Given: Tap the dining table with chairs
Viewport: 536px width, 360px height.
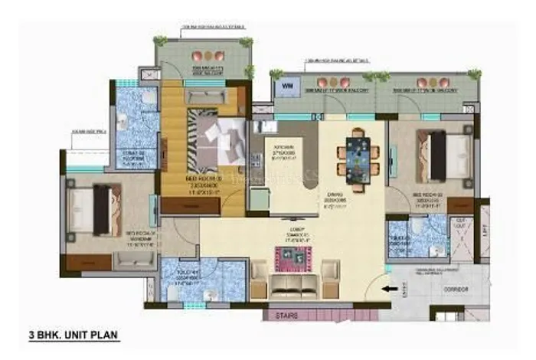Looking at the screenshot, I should [x=357, y=155].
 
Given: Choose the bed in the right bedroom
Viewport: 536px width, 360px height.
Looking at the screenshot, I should [x=439, y=153].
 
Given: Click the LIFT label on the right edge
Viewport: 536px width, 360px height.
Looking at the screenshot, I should [x=485, y=230].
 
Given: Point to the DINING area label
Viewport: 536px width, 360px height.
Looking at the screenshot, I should [x=354, y=198].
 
